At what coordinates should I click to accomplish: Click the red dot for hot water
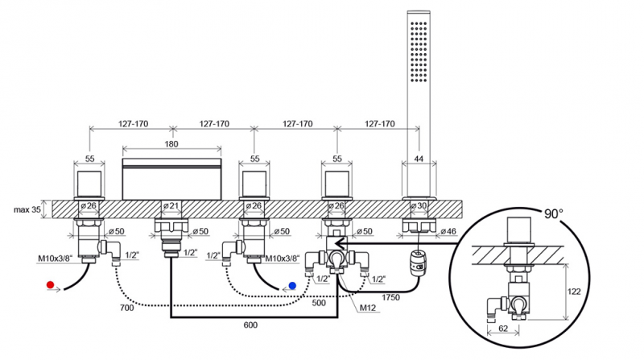51,285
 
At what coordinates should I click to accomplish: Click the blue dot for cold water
294,285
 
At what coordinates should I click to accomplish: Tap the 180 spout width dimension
171,143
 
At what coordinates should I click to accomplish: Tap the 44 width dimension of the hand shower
419,159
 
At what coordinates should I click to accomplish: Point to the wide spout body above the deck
171,177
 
